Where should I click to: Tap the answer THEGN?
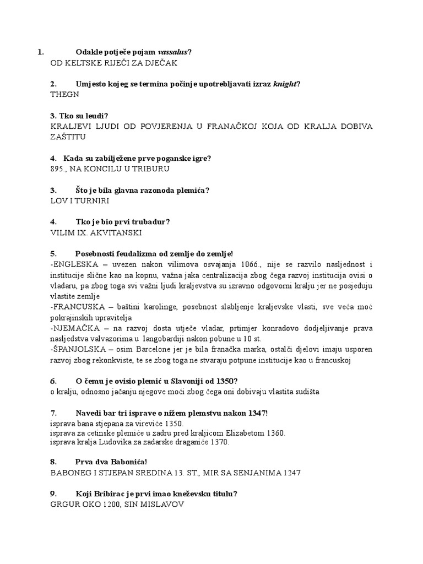coord(64,94)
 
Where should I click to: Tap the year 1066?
coord(247,264)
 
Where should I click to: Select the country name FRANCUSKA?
coord(78,307)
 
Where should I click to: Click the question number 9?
coord(53,493)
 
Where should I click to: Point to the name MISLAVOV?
coord(161,504)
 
